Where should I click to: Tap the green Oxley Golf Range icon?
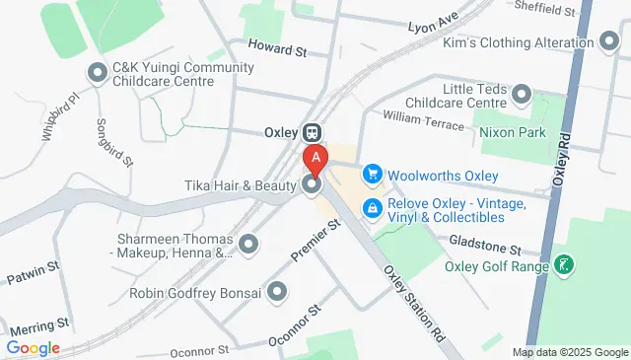564,265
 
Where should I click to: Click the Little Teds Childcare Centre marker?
522,95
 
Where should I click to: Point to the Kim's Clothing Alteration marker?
609,43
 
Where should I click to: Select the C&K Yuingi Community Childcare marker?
98,74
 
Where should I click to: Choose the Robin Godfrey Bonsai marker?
277,292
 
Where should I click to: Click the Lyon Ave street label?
435,20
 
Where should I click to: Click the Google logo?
33,348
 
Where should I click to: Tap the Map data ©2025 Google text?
570,352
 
